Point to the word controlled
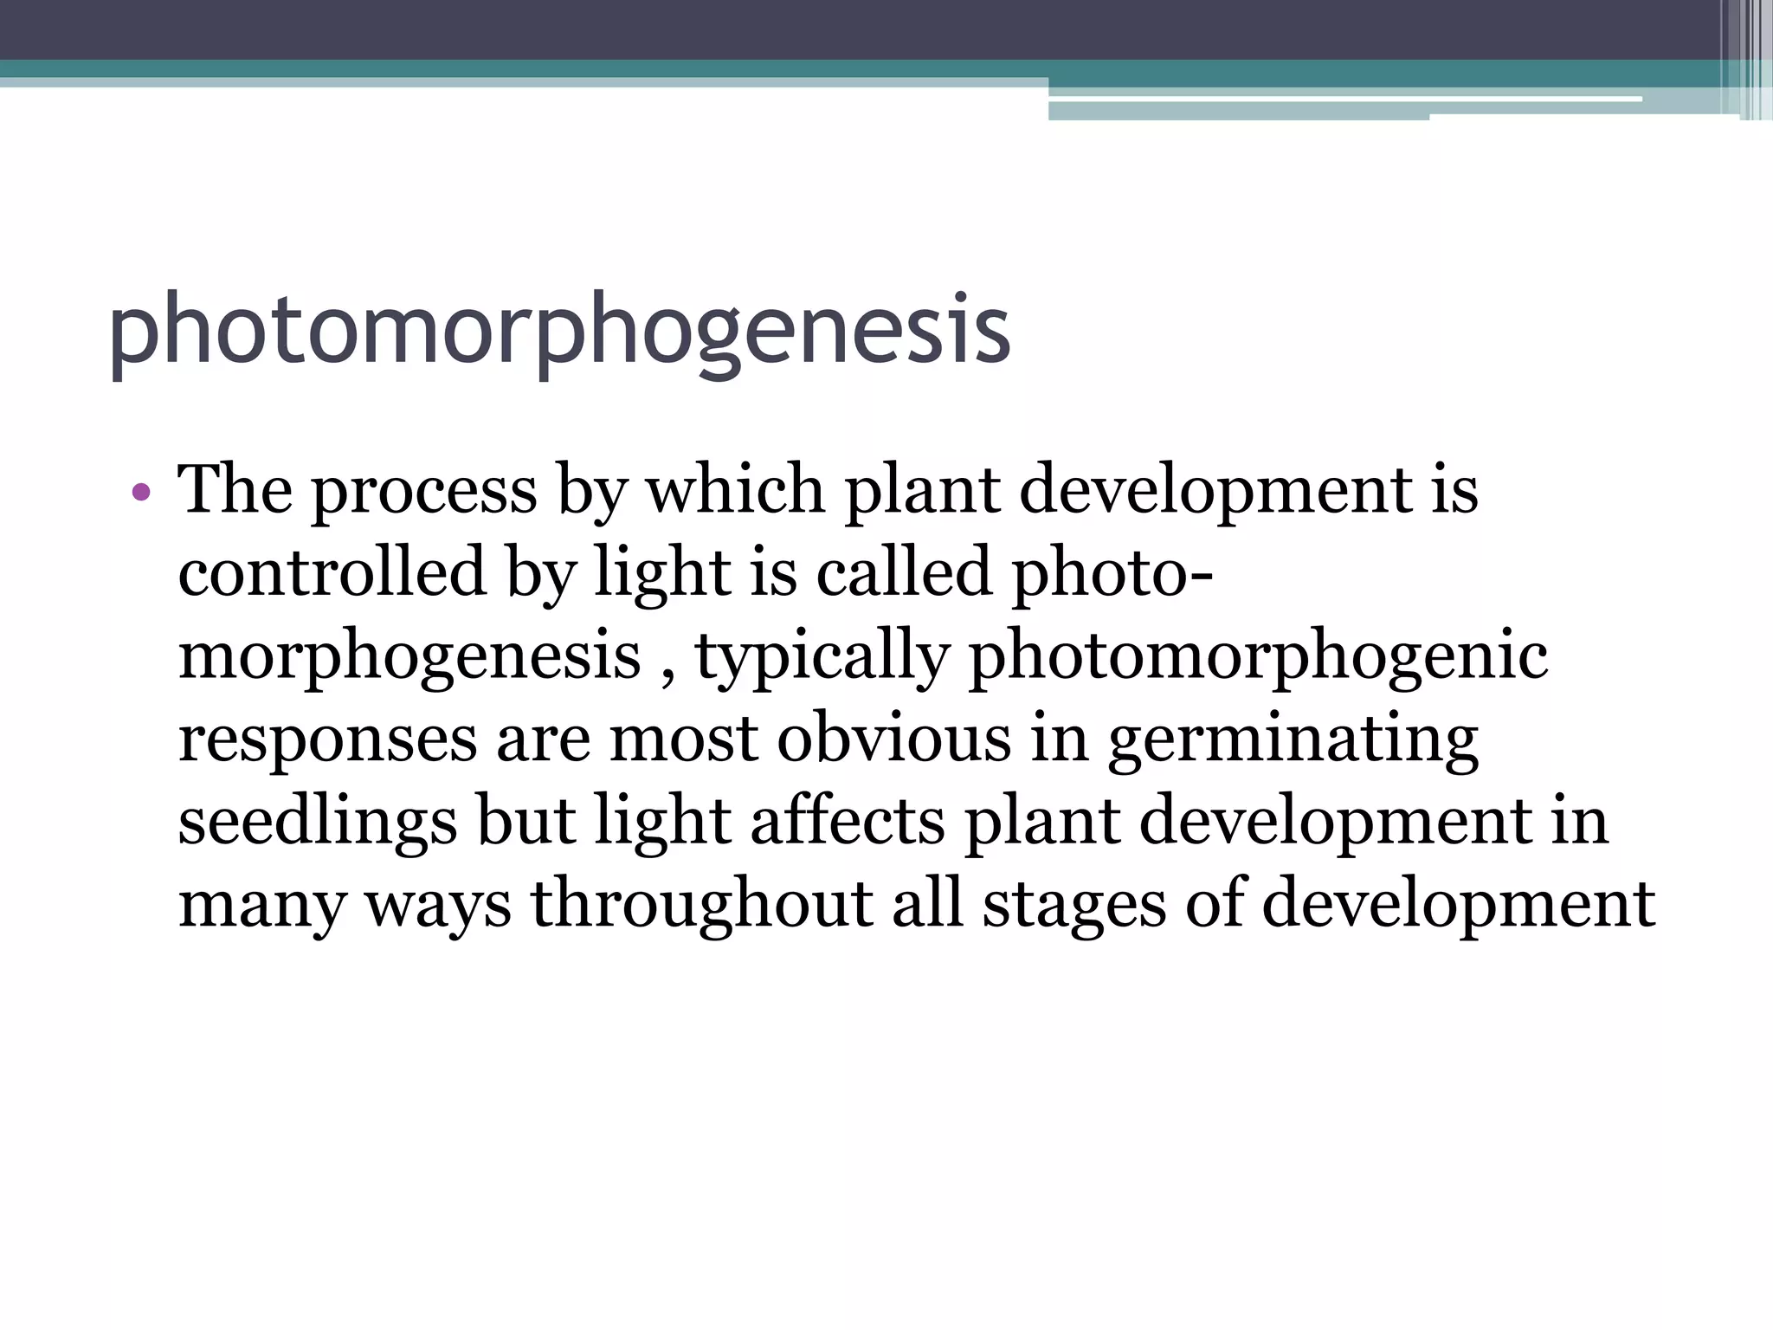(332, 572)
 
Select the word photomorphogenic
(1257, 657)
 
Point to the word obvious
(893, 739)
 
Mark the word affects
(848, 822)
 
